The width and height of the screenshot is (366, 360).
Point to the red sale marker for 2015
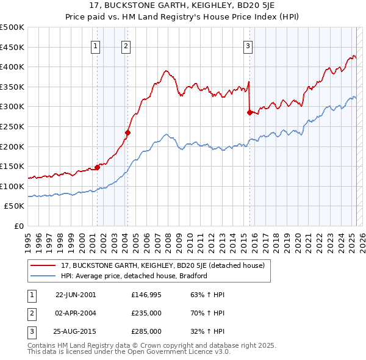point(249,112)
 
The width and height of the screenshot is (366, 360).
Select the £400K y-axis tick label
point(13,67)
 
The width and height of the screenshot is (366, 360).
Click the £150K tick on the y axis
point(13,167)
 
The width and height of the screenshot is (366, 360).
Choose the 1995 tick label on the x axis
point(27,239)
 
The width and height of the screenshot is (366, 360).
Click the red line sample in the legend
point(44,265)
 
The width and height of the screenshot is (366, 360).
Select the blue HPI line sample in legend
point(44,276)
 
